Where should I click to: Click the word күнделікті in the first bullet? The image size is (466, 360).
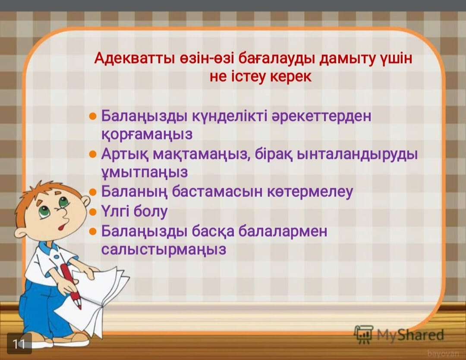pyautogui.click(x=230, y=116)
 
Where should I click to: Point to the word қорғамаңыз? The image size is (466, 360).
pyautogui.click(x=147, y=134)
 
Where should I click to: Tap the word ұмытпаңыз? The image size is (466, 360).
pyautogui.click(x=145, y=172)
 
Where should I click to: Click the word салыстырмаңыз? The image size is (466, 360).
pyautogui.click(x=164, y=249)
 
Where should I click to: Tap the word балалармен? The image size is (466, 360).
pyautogui.click(x=283, y=231)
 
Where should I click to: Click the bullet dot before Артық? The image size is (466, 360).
pyautogui.click(x=93, y=154)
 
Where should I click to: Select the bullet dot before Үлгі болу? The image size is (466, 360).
pyautogui.click(x=93, y=212)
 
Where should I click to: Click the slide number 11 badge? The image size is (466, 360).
pyautogui.click(x=19, y=344)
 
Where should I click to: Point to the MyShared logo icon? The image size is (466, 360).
pyautogui.click(x=363, y=335)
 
